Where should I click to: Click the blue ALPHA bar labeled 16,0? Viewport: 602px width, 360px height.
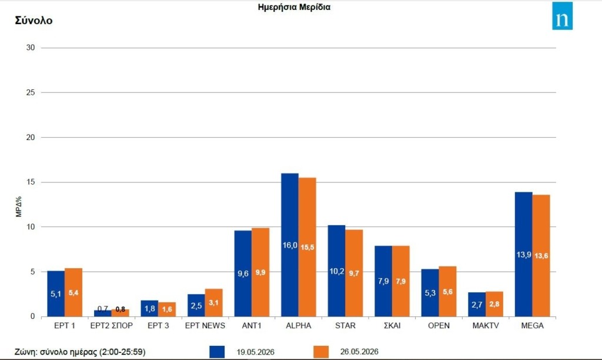(x=290, y=245)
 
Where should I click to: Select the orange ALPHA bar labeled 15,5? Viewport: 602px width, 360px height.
(x=307, y=247)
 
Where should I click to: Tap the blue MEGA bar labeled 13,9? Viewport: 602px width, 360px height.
(x=524, y=254)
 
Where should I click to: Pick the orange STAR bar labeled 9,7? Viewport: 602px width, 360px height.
(x=354, y=273)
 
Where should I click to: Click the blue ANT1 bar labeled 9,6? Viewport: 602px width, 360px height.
(x=243, y=274)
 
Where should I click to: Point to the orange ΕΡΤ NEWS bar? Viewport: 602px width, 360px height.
(x=213, y=303)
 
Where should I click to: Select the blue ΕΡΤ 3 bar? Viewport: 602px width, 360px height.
(x=149, y=308)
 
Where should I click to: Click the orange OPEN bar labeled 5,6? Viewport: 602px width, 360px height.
(x=447, y=292)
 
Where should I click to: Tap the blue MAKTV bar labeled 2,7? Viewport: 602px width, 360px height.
(x=477, y=304)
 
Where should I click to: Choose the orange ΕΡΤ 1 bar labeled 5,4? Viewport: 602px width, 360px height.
(x=73, y=292)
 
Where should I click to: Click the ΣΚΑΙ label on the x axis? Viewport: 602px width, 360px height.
(x=392, y=326)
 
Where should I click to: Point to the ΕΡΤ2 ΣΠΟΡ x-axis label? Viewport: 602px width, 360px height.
(x=111, y=326)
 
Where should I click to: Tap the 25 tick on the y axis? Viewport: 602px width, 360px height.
(x=31, y=92)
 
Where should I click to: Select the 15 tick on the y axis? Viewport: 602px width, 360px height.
(x=31, y=182)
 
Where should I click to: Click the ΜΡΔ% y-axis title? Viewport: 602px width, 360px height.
(x=19, y=206)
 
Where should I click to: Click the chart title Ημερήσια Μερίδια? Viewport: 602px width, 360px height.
(x=294, y=7)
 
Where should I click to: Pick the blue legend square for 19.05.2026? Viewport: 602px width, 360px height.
(x=217, y=352)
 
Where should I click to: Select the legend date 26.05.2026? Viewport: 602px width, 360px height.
(x=359, y=352)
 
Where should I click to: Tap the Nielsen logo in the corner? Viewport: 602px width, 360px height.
(x=562, y=16)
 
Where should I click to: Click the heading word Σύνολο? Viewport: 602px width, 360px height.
(x=34, y=21)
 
